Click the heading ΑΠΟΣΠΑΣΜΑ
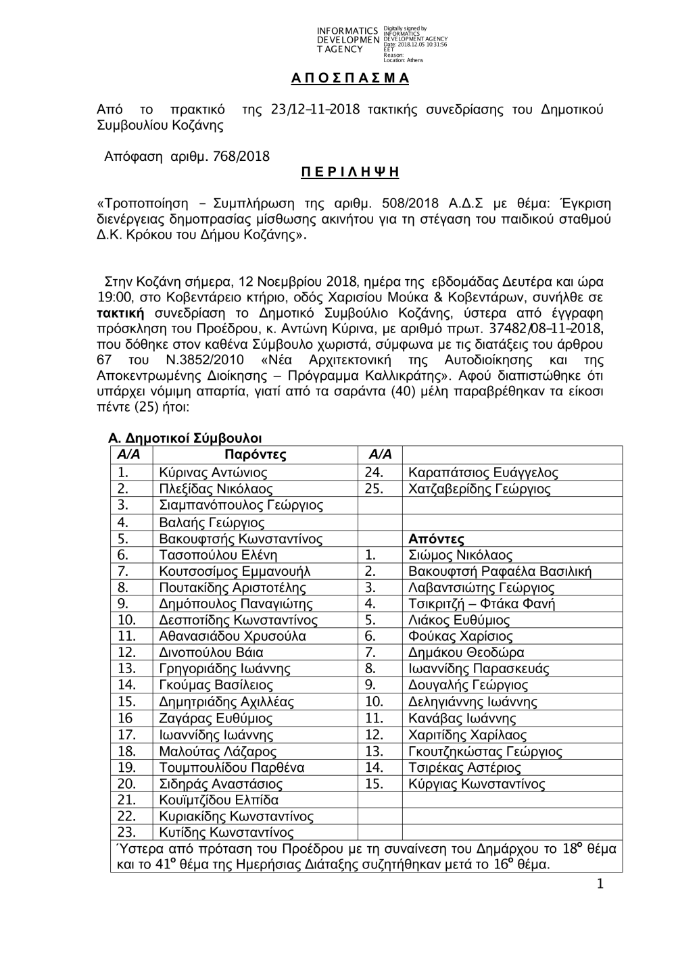coord(350,78)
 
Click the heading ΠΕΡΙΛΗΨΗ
coord(350,172)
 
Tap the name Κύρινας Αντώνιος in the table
coord(213,472)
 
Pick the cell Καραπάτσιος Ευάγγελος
coord(483,472)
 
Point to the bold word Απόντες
coord(437,539)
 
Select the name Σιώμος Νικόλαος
coord(460,555)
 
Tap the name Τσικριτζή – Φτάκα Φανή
coord(481,604)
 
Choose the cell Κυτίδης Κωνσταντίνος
coord(226,832)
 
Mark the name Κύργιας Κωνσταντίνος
coord(477,784)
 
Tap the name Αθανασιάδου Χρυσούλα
coord(232,636)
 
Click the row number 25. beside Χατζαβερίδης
coord(374,489)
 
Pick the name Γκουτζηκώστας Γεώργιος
coord(485,752)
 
